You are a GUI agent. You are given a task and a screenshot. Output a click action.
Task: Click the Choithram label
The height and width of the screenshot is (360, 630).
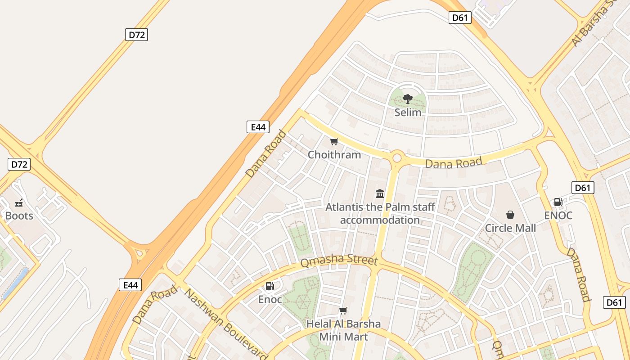334,155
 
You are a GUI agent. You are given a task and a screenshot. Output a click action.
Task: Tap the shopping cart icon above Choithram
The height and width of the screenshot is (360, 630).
334,142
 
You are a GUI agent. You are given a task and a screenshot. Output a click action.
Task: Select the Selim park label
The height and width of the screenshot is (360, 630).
408,112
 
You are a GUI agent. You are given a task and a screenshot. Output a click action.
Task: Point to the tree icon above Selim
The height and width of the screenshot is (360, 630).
408,99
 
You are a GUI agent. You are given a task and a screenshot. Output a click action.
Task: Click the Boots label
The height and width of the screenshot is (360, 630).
19,216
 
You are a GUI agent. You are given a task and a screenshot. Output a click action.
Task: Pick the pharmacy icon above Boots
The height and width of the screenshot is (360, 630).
19,203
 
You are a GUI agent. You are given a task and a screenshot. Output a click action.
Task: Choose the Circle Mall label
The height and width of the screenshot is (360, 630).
510,228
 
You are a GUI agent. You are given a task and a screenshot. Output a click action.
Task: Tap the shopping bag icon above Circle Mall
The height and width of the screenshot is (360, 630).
510,215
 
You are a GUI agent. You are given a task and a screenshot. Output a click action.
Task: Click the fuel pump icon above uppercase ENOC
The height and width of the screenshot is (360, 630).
558,202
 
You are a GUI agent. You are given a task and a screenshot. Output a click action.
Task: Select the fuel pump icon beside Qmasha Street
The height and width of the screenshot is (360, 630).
270,286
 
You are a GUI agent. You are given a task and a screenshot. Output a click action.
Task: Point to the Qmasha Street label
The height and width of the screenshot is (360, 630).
338,261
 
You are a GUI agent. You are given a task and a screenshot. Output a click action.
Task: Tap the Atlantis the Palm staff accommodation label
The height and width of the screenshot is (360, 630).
380,214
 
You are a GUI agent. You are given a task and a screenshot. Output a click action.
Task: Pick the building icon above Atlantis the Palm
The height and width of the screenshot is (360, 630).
380,194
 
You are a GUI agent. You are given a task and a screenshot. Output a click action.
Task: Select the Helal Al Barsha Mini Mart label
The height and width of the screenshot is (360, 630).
343,330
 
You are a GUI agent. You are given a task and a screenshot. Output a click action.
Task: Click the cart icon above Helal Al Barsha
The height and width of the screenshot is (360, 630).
343,310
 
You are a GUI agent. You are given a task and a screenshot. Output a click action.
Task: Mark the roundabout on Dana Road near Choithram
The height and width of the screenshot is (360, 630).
397,158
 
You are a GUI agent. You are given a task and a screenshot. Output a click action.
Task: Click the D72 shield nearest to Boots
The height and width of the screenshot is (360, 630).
19,164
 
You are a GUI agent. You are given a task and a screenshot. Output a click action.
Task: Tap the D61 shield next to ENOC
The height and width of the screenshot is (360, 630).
583,188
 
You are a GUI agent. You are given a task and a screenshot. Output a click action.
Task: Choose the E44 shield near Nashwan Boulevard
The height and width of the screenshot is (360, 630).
130,285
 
